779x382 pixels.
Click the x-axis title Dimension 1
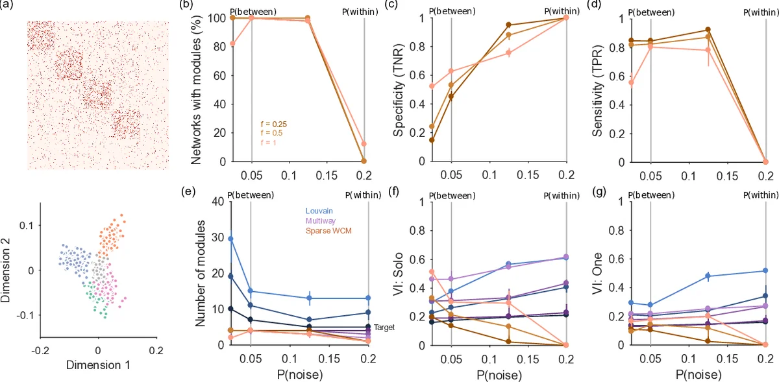(x=97, y=365)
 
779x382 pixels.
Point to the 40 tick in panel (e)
(x=217, y=201)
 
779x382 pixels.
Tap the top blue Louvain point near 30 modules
(x=230, y=239)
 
